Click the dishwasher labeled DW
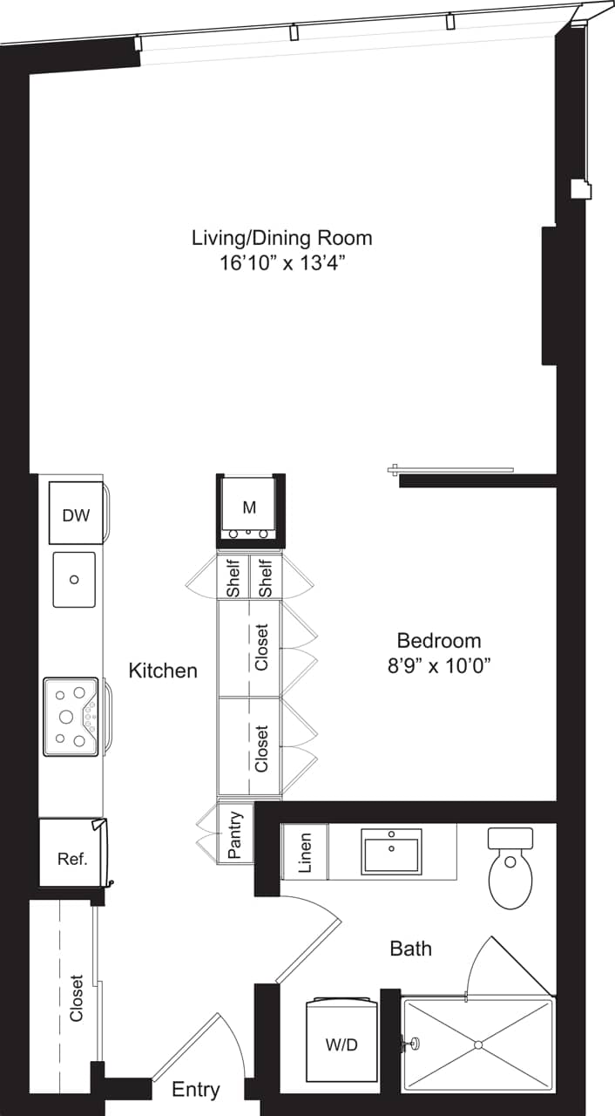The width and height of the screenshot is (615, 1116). coord(76,514)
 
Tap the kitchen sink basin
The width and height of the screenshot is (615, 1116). coord(74,579)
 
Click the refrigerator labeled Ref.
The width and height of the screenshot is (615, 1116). coord(72,858)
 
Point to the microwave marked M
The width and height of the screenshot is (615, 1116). coord(249,507)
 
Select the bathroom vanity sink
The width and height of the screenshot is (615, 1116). coord(392,851)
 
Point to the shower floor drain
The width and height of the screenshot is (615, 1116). coord(477,1044)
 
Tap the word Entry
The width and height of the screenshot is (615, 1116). coord(195,1090)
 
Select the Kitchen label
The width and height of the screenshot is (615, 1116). coord(163,670)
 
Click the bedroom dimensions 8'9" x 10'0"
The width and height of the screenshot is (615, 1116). coord(440,666)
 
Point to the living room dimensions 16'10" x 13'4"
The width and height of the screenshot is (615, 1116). coord(282,262)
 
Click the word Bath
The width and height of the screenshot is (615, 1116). coord(410,948)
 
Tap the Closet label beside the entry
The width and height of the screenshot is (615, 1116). coord(77,997)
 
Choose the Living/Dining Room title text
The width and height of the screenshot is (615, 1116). coord(282,237)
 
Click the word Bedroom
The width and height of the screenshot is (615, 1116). coord(440,640)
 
